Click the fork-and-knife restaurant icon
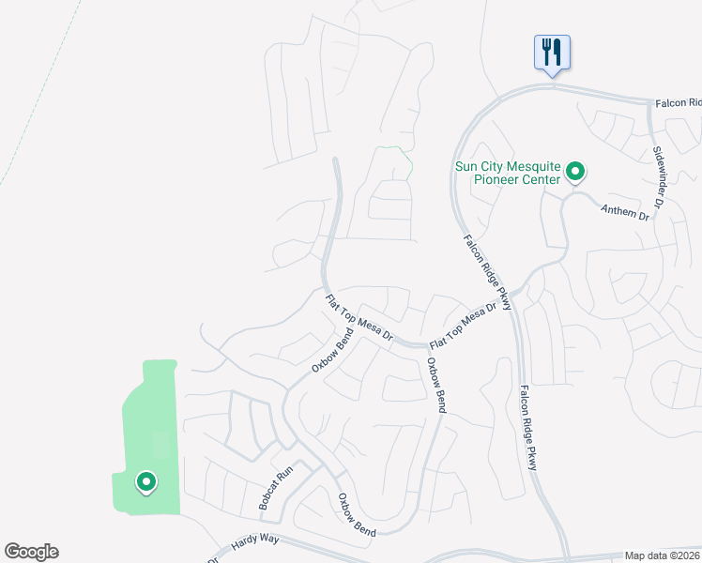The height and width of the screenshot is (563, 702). pos(551,52)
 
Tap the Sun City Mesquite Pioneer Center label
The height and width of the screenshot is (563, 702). pos(508,173)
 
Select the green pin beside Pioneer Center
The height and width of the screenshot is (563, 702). pos(574,173)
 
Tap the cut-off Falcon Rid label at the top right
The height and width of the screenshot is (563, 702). pos(677,102)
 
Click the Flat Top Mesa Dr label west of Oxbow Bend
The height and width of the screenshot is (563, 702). pos(359,318)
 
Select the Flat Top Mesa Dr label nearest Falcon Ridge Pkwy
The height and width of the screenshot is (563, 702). pos(462,325)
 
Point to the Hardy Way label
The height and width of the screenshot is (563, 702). pos(255,540)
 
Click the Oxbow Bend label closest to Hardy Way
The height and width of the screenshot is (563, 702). pos(357,515)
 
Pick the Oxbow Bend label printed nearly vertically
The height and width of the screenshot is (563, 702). pos(435,385)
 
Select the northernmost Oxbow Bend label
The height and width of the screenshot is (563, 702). pos(332,351)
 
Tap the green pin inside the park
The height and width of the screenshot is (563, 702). pos(146,482)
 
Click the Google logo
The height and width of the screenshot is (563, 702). pos(31,552)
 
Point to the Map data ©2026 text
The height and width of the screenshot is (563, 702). pos(663,555)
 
